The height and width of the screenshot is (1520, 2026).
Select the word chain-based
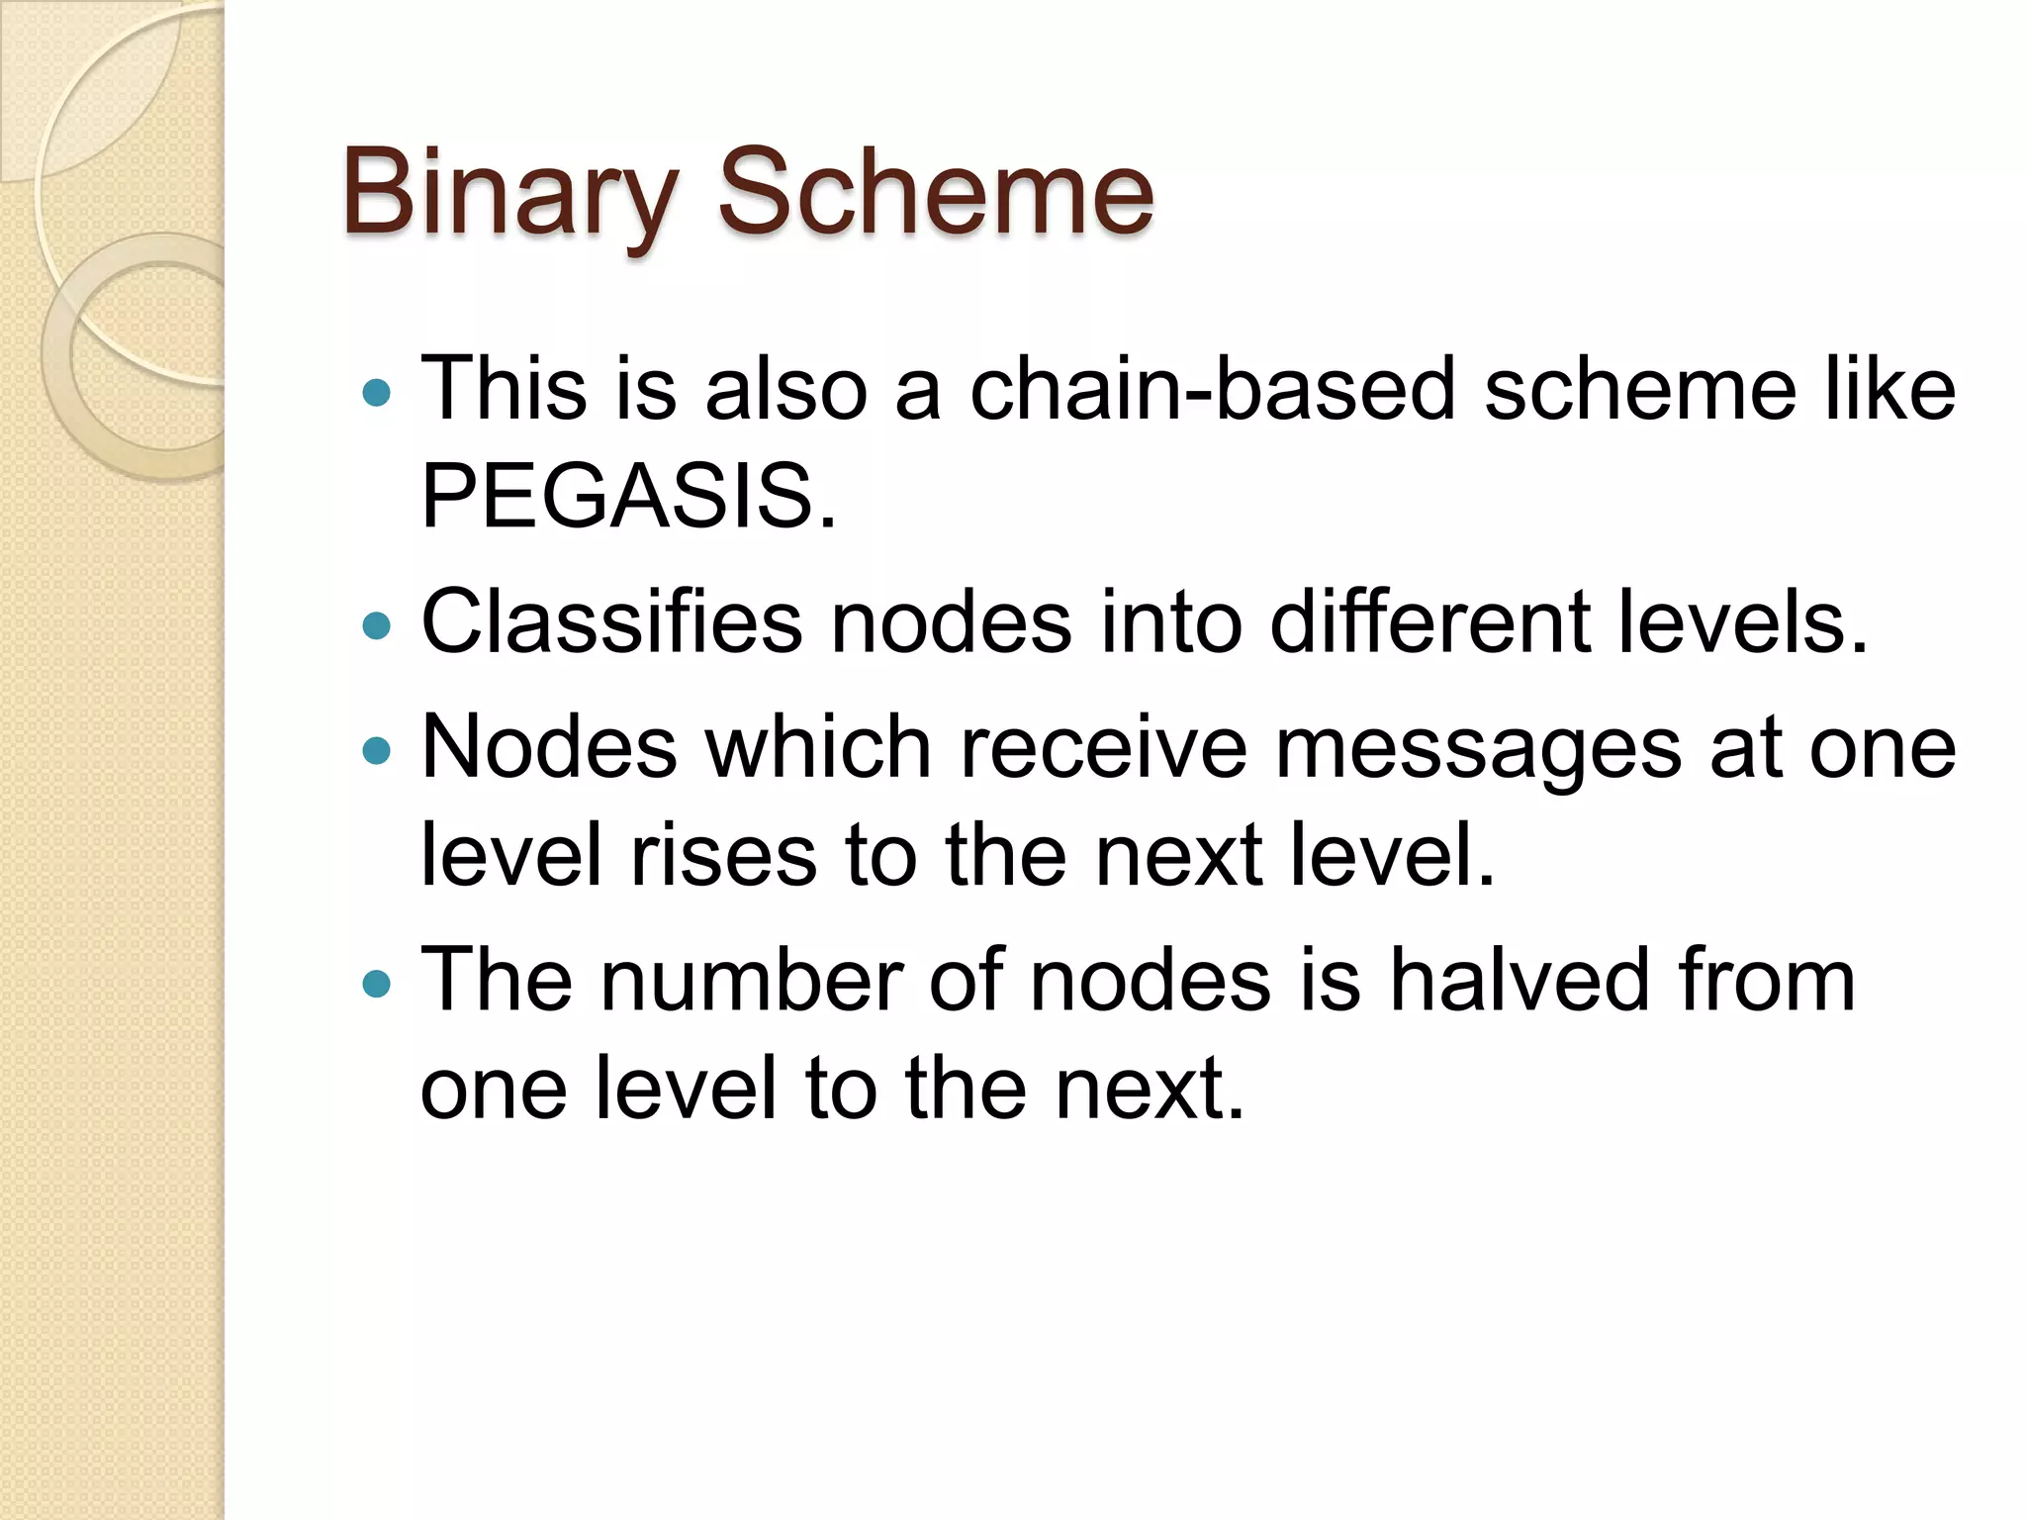click(x=1212, y=389)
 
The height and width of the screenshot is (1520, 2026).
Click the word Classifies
click(x=611, y=622)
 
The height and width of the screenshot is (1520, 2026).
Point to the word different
click(x=1430, y=622)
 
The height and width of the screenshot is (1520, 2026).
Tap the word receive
click(x=1103, y=747)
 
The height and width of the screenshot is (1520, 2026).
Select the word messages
click(x=1478, y=747)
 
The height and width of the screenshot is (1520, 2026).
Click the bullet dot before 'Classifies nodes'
click(x=377, y=625)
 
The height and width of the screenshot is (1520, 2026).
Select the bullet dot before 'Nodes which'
click(x=377, y=751)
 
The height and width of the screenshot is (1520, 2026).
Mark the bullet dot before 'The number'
click(x=377, y=984)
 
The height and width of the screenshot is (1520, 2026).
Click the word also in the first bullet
click(x=785, y=389)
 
